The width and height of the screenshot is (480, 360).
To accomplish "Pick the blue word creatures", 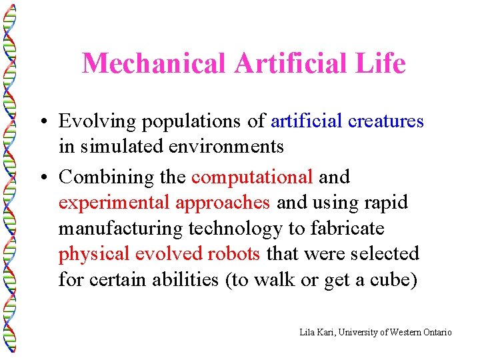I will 385,121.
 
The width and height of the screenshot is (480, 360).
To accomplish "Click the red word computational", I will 252,177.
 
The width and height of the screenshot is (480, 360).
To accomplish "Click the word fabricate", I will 345,229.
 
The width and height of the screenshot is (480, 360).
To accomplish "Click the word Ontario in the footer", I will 435,332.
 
